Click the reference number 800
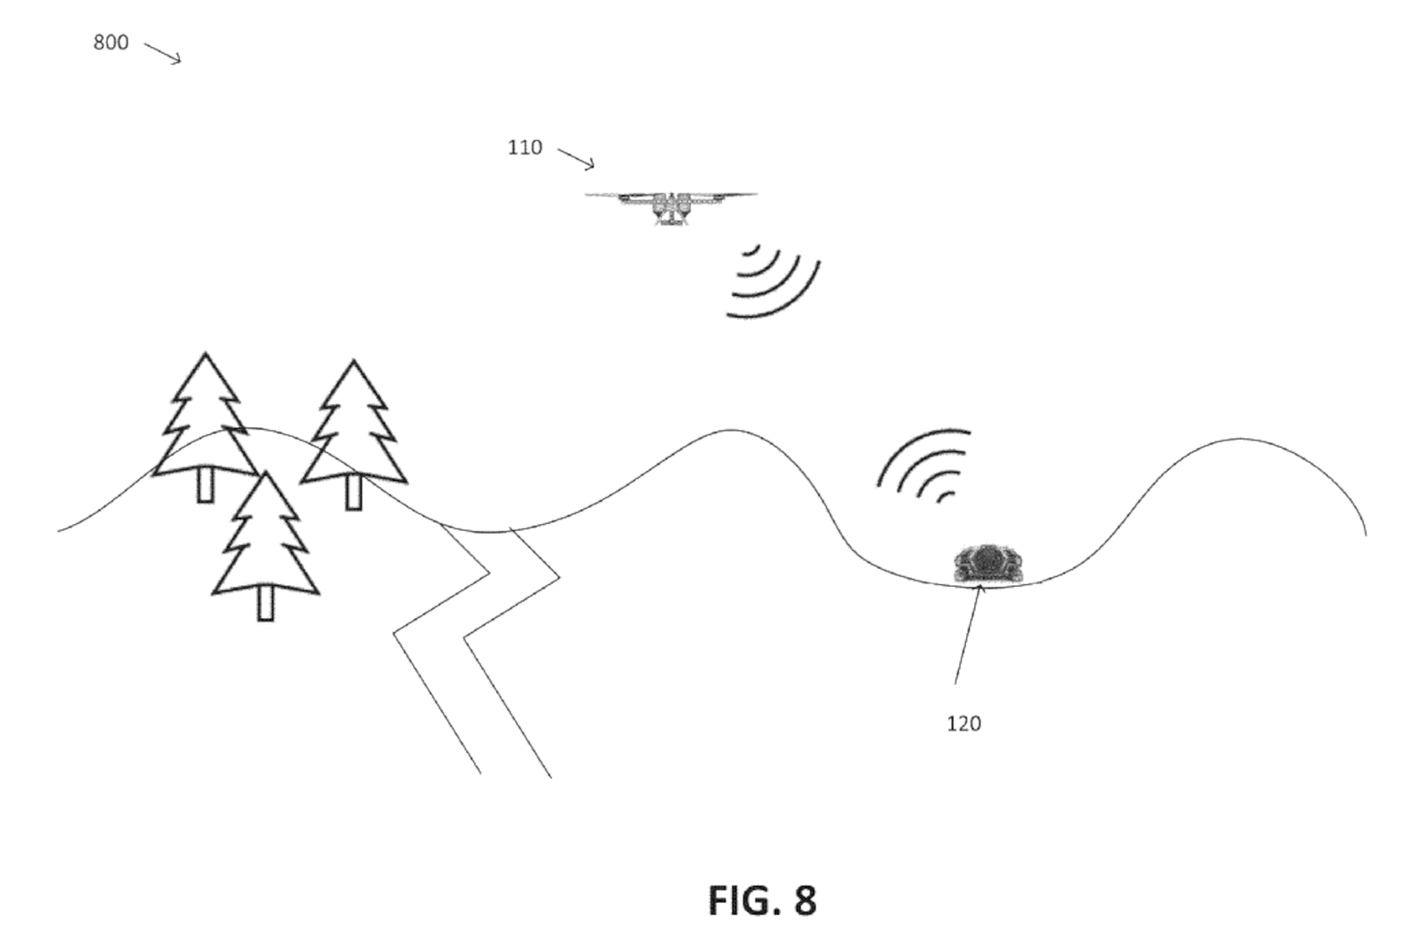111,43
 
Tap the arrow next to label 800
163,52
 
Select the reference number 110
525,147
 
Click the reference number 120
964,723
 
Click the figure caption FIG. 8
761,900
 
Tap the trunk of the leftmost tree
205,486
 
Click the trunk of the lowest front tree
265,605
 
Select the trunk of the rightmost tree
354,492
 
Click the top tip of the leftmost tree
206,354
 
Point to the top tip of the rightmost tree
354,361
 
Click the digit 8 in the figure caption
804,900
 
